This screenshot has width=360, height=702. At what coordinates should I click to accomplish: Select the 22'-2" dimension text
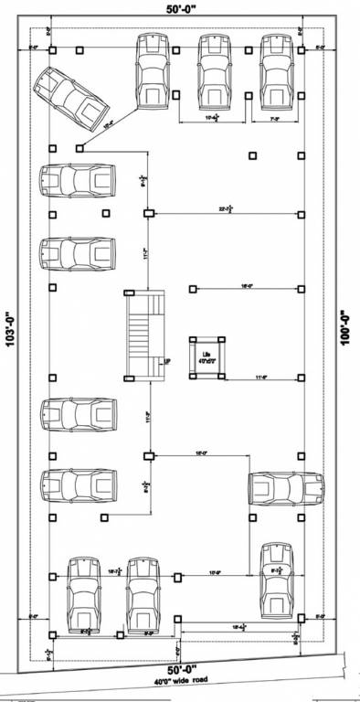[225, 209]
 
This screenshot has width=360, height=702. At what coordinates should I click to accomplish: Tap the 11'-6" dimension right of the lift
[262, 375]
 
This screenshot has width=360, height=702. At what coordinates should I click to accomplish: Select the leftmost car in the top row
[154, 71]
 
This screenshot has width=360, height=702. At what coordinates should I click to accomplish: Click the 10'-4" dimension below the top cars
[211, 118]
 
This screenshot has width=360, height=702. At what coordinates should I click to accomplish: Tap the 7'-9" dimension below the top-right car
[272, 118]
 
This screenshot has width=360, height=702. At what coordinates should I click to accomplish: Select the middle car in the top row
[215, 71]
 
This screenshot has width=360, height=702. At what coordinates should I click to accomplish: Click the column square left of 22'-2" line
[147, 214]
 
